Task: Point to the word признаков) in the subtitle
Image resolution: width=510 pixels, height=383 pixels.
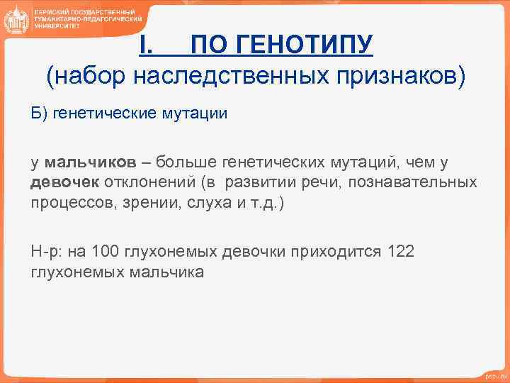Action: click(x=397, y=77)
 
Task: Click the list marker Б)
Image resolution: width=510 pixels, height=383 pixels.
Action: click(x=39, y=114)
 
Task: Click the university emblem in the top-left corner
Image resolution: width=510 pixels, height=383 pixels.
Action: click(x=16, y=21)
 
